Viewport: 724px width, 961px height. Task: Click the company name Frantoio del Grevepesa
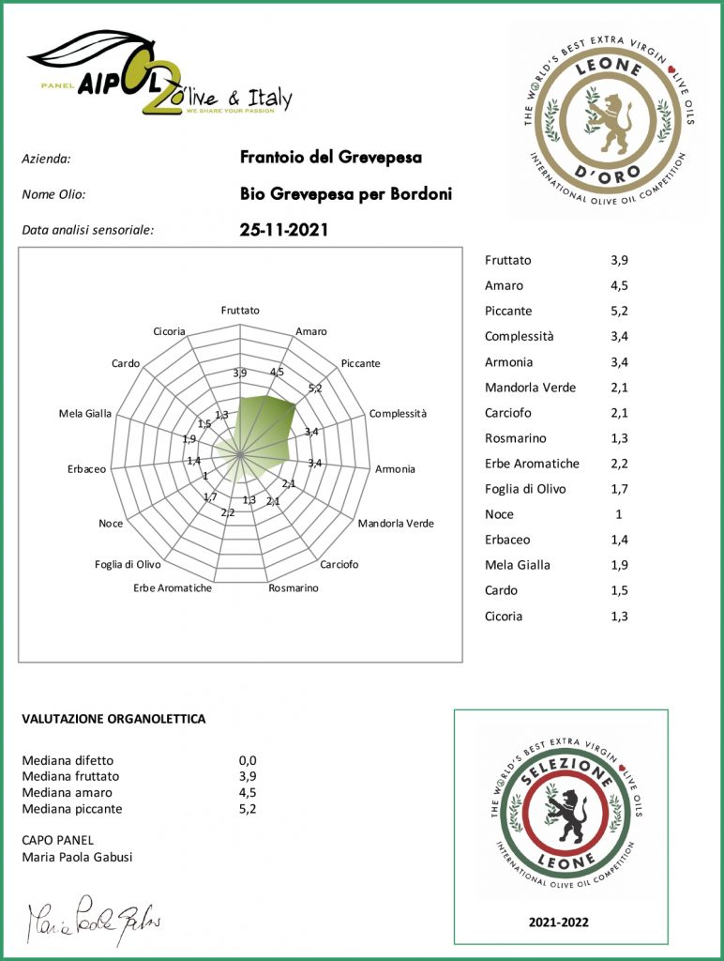[x=331, y=157]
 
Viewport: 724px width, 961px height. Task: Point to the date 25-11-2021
[x=284, y=229]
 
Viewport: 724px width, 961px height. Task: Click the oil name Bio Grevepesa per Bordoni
[x=346, y=194]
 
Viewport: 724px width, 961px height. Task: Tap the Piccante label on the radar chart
[x=361, y=363]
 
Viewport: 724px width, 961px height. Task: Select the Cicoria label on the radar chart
[x=170, y=331]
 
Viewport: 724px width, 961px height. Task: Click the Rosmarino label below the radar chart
[x=293, y=588]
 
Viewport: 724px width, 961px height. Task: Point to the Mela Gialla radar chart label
[x=85, y=413]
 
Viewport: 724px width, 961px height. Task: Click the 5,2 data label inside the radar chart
[x=315, y=388]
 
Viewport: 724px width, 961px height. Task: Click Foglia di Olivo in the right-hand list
[x=525, y=489]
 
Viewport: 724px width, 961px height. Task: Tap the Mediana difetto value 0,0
[x=248, y=760]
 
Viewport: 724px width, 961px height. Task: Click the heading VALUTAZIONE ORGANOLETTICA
[x=113, y=719]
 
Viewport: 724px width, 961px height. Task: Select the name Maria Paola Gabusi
[x=76, y=857]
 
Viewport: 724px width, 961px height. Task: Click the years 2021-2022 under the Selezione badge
[x=560, y=923]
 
